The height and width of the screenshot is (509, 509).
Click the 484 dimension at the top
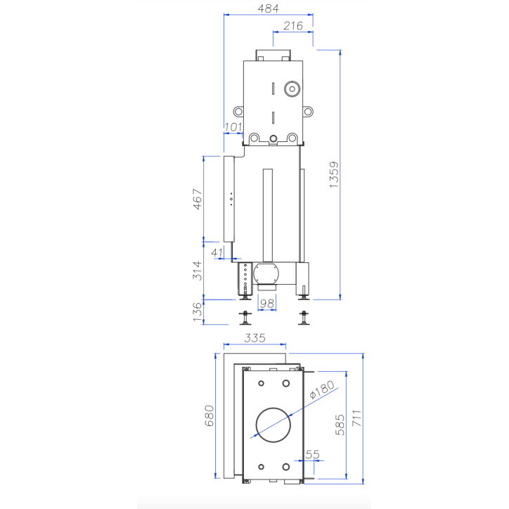(x=268, y=8)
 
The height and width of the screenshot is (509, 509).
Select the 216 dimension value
(x=292, y=26)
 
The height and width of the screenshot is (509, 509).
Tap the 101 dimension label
(x=233, y=127)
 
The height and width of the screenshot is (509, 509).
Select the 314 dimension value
(x=198, y=271)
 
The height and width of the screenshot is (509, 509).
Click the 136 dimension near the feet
(x=198, y=311)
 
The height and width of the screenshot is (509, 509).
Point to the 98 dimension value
(x=266, y=304)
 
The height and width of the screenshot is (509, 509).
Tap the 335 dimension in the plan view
(x=254, y=338)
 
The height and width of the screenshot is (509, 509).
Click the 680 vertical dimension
(x=209, y=416)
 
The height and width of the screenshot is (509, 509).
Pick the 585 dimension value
(x=340, y=425)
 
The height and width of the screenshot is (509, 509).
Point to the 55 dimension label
(x=312, y=455)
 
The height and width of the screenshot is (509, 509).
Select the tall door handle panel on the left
(x=228, y=199)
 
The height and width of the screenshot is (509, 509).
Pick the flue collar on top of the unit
(x=273, y=55)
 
